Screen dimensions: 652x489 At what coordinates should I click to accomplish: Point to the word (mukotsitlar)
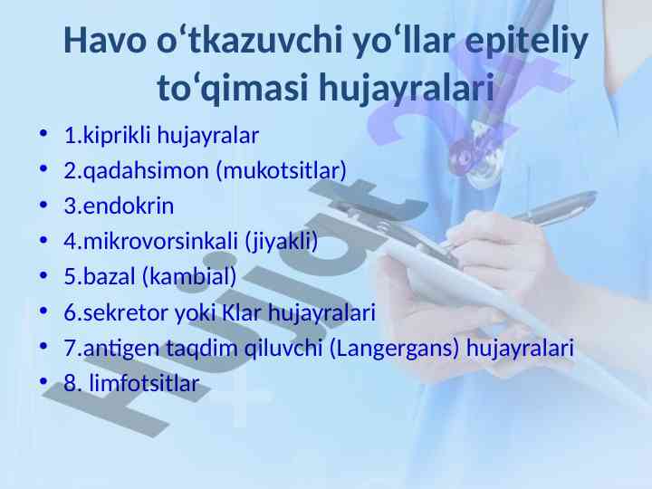282,171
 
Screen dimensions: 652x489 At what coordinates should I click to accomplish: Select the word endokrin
128,206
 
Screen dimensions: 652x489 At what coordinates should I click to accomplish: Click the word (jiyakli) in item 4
282,242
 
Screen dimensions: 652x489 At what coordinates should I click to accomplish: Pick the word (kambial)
189,277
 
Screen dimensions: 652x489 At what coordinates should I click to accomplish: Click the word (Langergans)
394,348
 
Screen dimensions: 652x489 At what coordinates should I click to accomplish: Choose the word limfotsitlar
144,383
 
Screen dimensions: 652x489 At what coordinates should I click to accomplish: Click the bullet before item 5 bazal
43,275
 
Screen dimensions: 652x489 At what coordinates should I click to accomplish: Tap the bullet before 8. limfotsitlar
43,381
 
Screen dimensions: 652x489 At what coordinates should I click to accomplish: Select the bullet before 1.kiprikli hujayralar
43,134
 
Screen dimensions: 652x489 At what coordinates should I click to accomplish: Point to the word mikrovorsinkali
160,242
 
